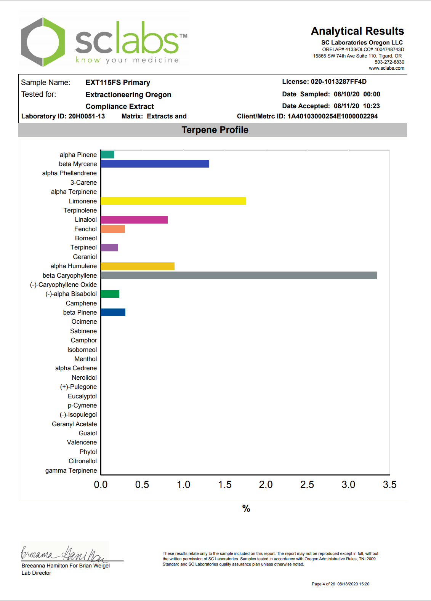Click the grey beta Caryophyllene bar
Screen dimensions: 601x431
(239, 275)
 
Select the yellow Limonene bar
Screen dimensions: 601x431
(173, 201)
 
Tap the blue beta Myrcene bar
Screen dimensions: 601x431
(155, 164)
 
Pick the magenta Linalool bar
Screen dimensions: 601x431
(134, 220)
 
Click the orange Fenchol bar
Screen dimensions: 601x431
(113, 229)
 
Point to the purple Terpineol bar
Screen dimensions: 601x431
(109, 248)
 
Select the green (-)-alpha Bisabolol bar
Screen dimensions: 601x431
(110, 294)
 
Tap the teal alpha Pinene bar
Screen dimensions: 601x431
(107, 155)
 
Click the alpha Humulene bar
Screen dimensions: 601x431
(138, 266)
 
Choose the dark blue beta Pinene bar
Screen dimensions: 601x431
(113, 312)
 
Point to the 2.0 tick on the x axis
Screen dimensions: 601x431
(266, 484)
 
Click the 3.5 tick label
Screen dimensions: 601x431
(389, 484)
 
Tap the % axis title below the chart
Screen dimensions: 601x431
(246, 508)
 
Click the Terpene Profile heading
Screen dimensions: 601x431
(215, 130)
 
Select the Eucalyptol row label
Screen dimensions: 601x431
(82, 396)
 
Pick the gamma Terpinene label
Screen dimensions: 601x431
(71, 470)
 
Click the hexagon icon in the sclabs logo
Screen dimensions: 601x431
(43, 42)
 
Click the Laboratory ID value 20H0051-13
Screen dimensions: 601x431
(87, 116)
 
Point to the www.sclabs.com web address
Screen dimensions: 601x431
(386, 68)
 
